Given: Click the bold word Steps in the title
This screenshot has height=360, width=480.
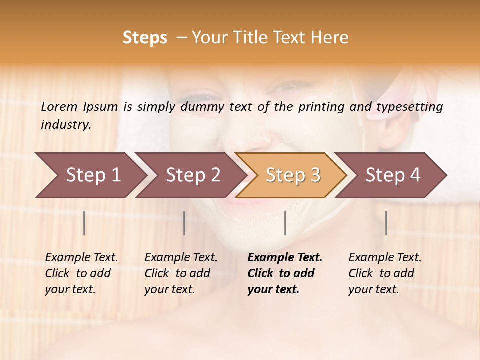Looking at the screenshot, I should point(145,38).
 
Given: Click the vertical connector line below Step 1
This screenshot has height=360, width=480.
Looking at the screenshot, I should point(84,223).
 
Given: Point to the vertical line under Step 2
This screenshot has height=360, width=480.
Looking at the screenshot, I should point(184,223).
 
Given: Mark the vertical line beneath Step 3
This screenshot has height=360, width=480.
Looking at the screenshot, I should point(285,223).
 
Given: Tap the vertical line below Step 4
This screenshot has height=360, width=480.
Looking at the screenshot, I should point(386,223).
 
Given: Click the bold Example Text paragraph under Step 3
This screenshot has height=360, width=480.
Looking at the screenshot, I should point(284,273).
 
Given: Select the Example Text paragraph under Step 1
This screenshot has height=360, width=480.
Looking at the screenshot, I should point(81,273).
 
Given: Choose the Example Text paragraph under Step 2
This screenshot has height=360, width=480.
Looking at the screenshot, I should point(181,273).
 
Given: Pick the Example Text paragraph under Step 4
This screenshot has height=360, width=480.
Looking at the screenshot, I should point(385,273).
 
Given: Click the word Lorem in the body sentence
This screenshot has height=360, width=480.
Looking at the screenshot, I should point(59,106).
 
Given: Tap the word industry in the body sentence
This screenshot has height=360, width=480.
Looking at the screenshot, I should point(65,125).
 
